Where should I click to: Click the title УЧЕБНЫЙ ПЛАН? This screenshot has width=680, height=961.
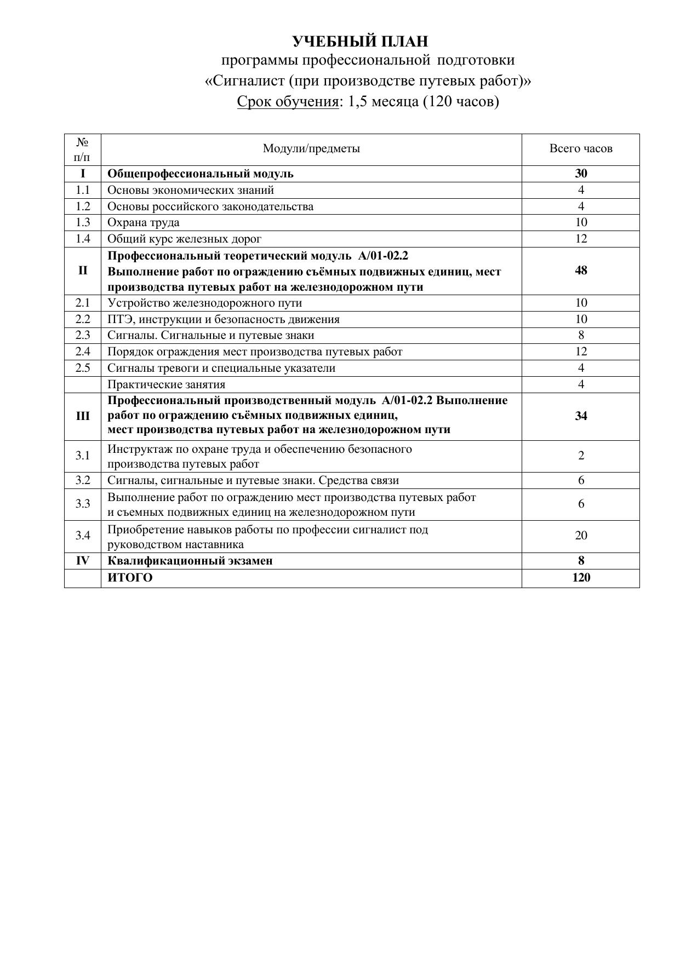[x=359, y=42]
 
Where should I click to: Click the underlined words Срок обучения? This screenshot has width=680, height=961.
[x=288, y=101]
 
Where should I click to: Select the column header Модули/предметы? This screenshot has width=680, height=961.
[x=311, y=148]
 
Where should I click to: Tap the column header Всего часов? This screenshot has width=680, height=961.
[x=581, y=148]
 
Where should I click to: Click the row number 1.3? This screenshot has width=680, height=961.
[x=83, y=222]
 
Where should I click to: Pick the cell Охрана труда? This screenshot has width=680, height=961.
[x=144, y=222]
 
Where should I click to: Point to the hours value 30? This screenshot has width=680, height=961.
[x=581, y=174]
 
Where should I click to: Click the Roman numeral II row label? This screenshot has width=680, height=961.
[x=83, y=271]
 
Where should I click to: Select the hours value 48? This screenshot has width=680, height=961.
[x=581, y=271]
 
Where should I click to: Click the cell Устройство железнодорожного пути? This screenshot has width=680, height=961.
[x=204, y=303]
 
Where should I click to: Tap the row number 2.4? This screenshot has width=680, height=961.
[x=83, y=352]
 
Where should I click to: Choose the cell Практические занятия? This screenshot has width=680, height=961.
[x=166, y=384]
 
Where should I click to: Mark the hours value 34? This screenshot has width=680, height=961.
[x=581, y=416]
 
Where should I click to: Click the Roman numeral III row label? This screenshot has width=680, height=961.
[x=83, y=416]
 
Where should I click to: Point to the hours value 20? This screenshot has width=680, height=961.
[x=581, y=536]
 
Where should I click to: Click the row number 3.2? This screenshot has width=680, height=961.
[x=83, y=480]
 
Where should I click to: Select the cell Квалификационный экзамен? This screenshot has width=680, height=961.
[x=190, y=561]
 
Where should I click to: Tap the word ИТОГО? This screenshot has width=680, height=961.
[x=130, y=578]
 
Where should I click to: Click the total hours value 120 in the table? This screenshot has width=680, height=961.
[x=581, y=578]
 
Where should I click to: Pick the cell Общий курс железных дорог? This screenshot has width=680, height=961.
[x=184, y=239]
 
